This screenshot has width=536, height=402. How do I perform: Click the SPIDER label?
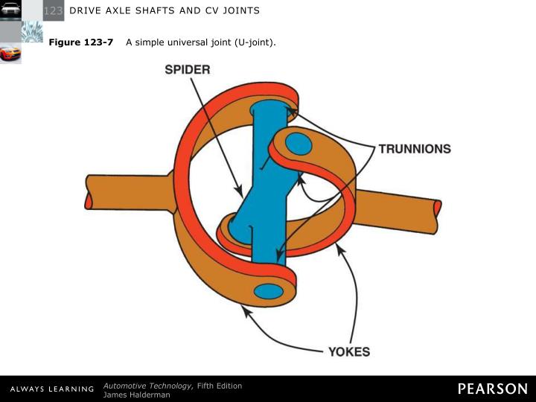pos(187,70)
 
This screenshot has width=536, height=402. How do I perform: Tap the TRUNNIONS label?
pos(415,149)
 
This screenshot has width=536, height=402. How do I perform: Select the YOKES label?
pos(349,351)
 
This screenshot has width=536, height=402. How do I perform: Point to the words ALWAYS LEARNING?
pos(51,389)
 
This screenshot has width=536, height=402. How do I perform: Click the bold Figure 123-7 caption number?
pos(81,42)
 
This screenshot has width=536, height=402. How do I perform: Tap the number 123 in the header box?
pos(53,10)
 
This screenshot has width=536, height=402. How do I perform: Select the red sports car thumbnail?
pos(10,54)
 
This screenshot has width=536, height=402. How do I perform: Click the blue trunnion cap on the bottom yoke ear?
pos(269,290)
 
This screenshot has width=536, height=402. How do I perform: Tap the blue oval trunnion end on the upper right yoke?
pos(299,144)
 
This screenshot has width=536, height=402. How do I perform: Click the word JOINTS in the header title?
pos(239,10)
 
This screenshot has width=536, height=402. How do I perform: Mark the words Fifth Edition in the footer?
pos(220,385)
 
